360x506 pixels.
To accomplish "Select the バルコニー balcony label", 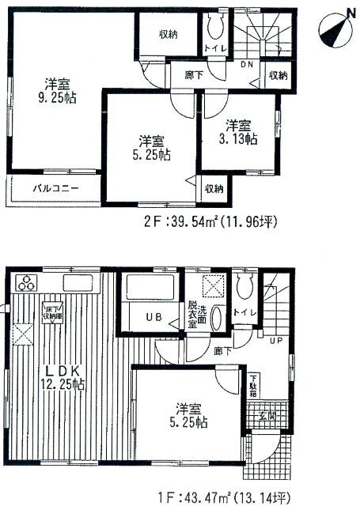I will click(49, 189).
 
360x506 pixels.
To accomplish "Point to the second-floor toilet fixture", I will click(214, 29).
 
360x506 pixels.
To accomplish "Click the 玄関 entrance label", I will click(266, 416).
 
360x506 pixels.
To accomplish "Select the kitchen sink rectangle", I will click(80, 284).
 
